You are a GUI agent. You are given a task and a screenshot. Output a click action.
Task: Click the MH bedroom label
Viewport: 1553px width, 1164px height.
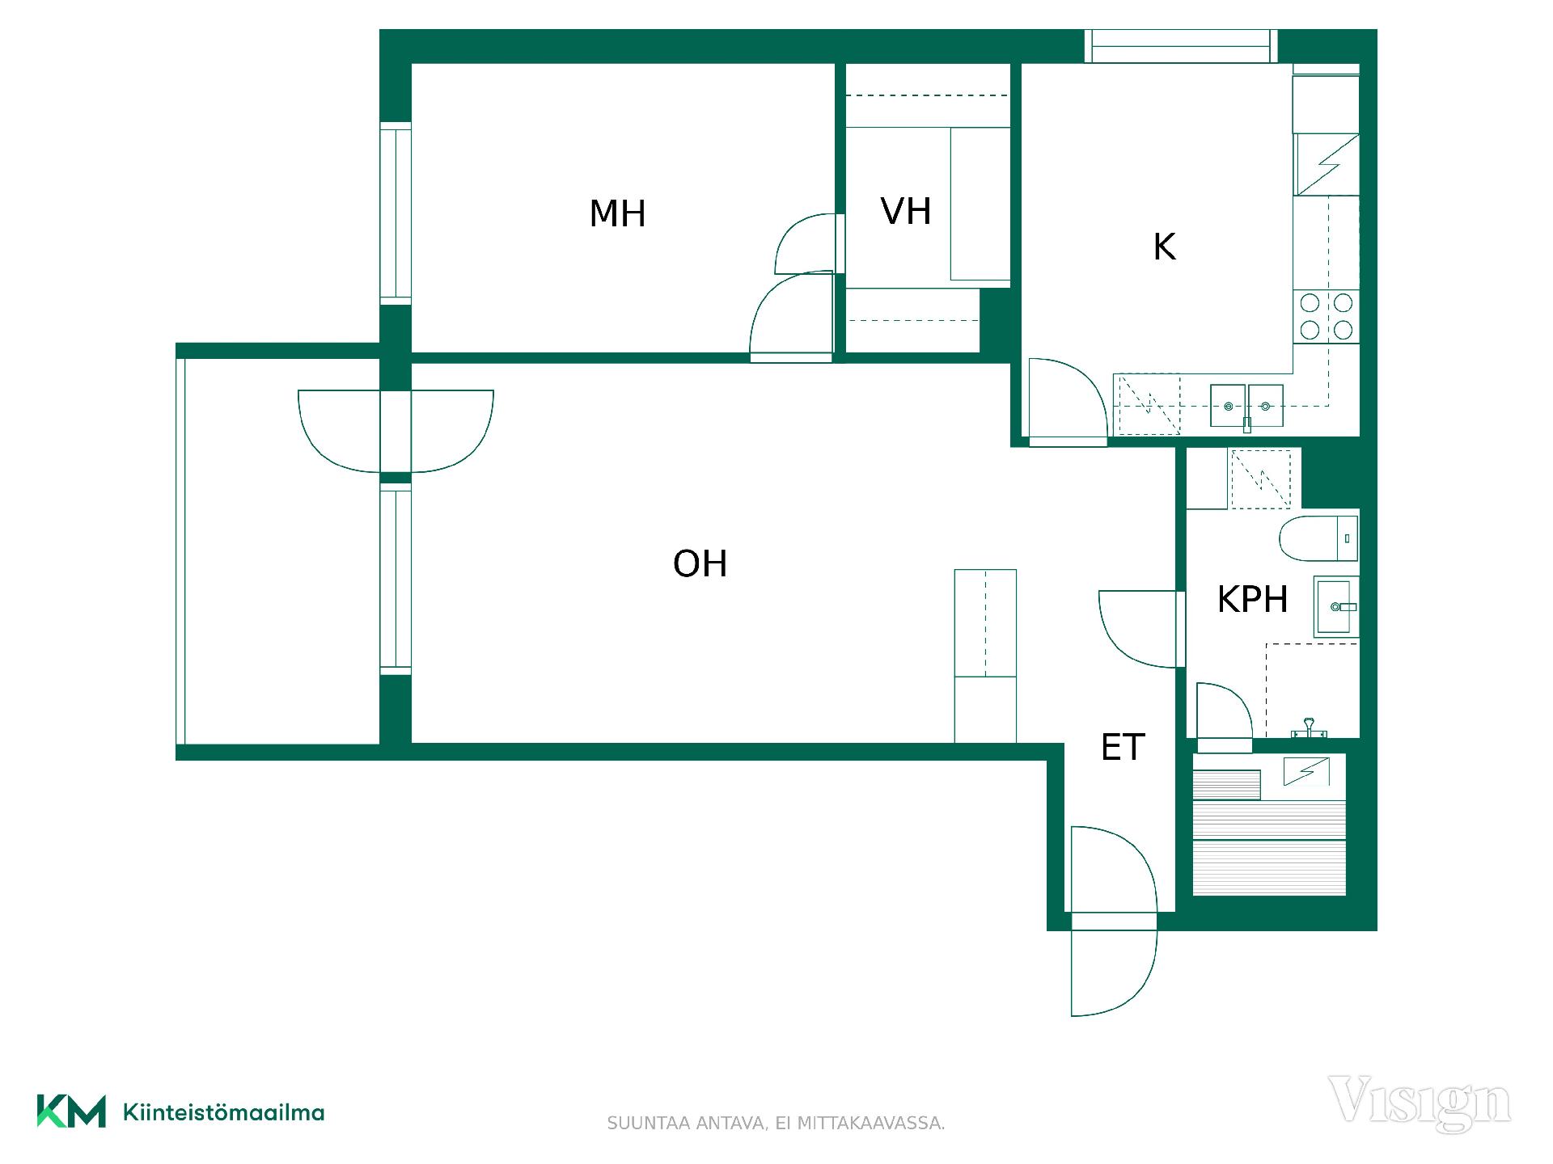click(617, 214)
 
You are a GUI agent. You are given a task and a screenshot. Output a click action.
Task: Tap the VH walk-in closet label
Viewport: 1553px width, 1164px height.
click(906, 212)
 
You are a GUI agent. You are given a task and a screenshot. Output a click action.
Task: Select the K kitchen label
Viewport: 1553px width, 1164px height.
click(1164, 247)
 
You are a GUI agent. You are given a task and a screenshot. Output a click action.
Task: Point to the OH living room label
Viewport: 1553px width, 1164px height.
click(700, 564)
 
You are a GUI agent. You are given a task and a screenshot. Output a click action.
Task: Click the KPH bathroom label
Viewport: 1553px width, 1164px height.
click(1252, 600)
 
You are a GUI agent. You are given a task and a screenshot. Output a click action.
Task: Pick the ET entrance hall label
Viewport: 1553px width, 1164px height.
click(1123, 748)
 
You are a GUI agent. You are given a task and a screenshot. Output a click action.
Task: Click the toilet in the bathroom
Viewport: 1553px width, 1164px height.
click(1318, 538)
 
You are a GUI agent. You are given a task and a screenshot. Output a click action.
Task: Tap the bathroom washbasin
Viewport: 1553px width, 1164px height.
click(1335, 607)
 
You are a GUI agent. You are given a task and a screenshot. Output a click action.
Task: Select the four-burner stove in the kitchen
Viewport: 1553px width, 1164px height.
click(1326, 317)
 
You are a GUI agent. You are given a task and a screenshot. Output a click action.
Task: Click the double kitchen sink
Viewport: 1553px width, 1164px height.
click(1246, 406)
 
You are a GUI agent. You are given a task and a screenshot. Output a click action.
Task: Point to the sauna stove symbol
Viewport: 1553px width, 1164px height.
click(1306, 772)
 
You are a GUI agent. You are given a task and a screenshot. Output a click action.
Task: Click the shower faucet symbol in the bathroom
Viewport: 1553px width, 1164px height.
click(1308, 729)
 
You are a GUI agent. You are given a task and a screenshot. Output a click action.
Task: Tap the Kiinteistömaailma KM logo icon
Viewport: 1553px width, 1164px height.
click(71, 1111)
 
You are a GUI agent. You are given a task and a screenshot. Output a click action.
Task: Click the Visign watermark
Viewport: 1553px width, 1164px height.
click(1420, 1102)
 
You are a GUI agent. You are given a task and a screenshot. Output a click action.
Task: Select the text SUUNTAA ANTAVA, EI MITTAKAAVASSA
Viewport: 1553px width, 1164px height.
click(776, 1124)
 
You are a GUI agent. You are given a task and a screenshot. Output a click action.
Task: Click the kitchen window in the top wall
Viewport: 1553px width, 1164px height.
click(1181, 46)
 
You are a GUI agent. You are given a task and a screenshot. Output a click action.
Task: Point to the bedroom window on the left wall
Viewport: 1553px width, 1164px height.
click(396, 213)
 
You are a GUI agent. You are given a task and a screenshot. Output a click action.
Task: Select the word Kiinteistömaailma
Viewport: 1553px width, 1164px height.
click(224, 1112)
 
